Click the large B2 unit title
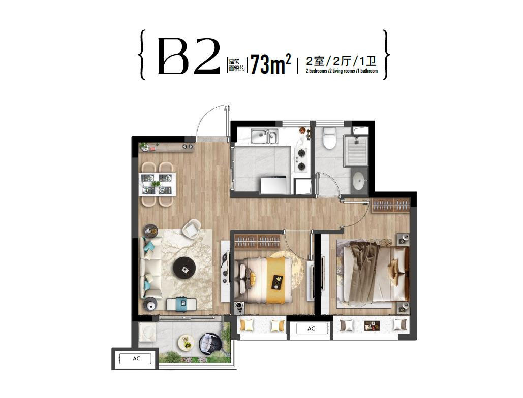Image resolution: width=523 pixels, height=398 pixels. [x=189, y=56]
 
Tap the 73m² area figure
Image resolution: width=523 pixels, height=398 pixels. [x=270, y=64]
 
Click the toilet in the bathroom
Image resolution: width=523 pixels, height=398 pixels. [x=329, y=139]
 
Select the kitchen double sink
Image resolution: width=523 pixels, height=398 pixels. [x=264, y=136]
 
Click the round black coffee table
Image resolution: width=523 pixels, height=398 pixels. [x=184, y=268]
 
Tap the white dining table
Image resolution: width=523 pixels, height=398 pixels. [x=158, y=184]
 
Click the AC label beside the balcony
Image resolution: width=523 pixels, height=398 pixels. [x=136, y=359]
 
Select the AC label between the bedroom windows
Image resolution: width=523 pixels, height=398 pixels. [x=311, y=329]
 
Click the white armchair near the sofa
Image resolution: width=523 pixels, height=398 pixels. [x=192, y=229]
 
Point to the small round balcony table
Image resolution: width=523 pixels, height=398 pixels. [x=186, y=342]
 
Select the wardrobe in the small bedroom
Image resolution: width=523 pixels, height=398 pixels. [x=257, y=241]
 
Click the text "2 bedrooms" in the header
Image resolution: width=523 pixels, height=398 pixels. [x=316, y=71]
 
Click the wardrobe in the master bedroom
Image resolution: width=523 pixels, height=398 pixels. [x=391, y=205]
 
